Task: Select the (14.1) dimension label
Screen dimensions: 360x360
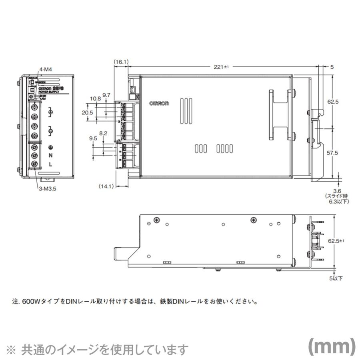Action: point(106,186)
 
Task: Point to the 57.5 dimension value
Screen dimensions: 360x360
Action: point(333,153)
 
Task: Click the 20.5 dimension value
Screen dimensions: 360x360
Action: point(87,113)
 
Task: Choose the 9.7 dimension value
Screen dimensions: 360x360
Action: point(106,95)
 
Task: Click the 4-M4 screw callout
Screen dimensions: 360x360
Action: point(46,69)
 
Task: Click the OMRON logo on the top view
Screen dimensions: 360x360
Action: point(159,103)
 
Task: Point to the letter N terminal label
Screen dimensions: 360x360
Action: point(51,155)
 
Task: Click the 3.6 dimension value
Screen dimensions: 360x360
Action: point(336,191)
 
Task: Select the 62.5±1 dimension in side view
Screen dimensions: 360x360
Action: point(336,241)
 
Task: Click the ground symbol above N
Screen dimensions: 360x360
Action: point(51,147)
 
